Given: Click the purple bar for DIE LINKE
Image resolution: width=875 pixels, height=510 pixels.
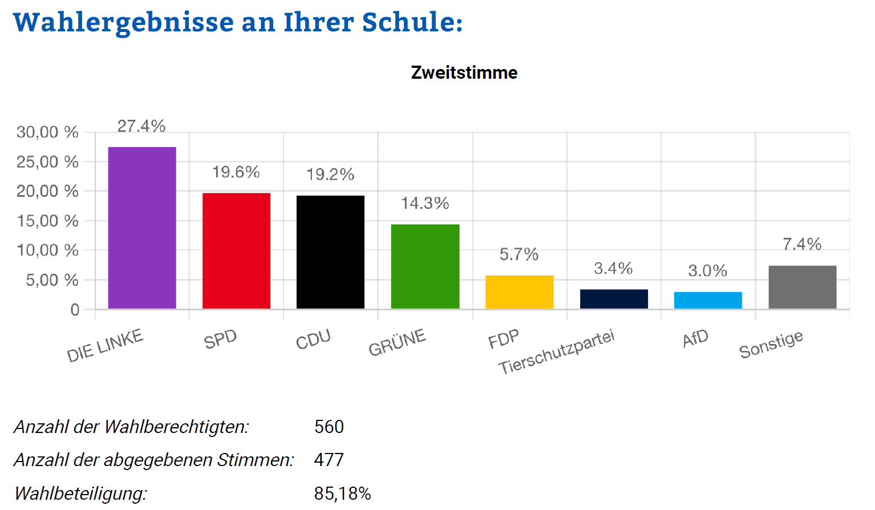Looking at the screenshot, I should [x=142, y=228].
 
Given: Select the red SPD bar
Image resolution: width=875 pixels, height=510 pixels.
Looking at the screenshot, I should [x=236, y=251].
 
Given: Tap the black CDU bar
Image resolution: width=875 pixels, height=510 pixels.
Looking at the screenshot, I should [x=330, y=252].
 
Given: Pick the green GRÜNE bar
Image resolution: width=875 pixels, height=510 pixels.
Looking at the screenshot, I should [x=425, y=266].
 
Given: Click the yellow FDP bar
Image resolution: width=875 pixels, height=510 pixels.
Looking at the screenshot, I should [x=519, y=292].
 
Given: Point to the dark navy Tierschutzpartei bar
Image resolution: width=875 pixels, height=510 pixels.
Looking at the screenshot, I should [x=614, y=299].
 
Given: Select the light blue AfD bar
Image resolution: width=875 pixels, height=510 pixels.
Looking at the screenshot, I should [x=708, y=300].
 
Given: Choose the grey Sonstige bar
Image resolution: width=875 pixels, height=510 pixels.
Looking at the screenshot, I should [x=802, y=287].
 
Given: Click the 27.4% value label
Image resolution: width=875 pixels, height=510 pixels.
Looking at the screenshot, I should [x=141, y=126].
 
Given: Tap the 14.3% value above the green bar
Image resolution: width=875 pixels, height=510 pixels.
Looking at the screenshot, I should [x=425, y=203].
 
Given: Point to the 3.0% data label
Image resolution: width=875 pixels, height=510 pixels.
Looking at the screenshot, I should [x=708, y=270].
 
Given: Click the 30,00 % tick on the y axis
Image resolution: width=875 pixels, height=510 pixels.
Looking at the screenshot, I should [x=47, y=132].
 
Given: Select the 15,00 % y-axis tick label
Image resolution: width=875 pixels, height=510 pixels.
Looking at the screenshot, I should [x=47, y=221].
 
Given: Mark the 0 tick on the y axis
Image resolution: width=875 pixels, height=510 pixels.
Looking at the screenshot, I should [x=75, y=310].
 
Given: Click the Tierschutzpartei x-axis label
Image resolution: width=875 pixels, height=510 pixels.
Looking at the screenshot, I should [x=557, y=352].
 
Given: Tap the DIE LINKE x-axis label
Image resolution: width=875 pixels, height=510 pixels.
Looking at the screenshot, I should [x=105, y=346].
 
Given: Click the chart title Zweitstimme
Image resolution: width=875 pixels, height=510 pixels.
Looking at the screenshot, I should [x=464, y=72].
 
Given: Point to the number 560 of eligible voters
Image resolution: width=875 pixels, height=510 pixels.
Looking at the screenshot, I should [x=329, y=427].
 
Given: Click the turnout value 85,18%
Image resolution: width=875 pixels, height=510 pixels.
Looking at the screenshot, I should [x=342, y=493].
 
